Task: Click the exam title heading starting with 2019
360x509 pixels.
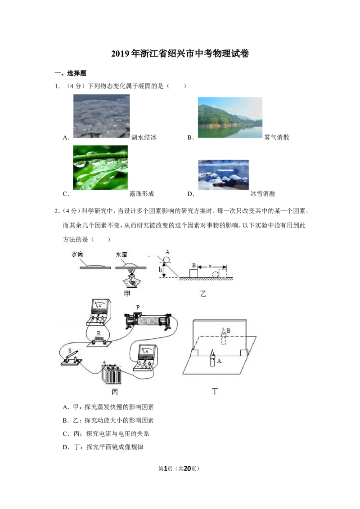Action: coord(180,54)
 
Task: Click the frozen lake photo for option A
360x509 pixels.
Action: coord(101,116)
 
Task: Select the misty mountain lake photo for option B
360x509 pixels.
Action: coord(230,117)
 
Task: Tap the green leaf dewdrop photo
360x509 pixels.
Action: coord(100,168)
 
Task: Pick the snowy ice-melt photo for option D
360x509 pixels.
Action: coord(224,174)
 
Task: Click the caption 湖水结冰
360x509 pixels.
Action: coord(144,137)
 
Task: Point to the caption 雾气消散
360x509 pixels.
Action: coord(276,137)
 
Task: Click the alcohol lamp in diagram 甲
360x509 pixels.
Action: coord(131,280)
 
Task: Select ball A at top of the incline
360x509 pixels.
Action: coord(166,260)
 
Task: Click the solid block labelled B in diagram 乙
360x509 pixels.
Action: coord(193,273)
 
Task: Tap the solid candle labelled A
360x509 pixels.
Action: coord(212,358)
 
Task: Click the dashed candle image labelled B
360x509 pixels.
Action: coord(224,335)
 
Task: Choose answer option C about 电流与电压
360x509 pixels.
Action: coord(106,434)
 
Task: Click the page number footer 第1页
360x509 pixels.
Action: coord(166,469)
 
